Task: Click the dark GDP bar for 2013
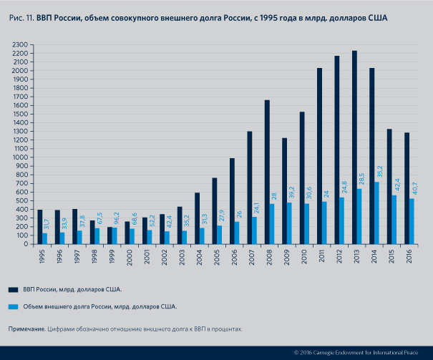pos(354,147)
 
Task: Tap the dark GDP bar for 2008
pos(266,172)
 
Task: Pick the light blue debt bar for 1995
pos(45,238)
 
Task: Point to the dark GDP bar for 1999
pos(110,235)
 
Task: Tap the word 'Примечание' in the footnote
pos(26,329)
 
